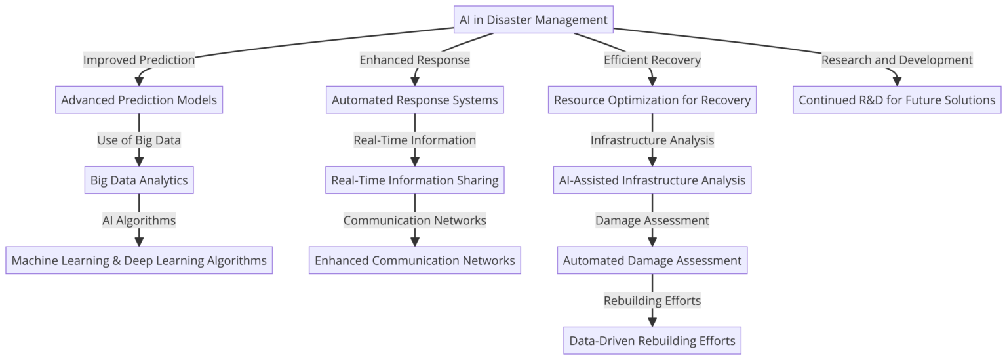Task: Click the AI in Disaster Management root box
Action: (534, 20)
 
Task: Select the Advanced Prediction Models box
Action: (139, 100)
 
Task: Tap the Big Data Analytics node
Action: (139, 180)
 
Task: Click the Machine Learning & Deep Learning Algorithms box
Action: (139, 260)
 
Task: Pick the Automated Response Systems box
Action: (414, 100)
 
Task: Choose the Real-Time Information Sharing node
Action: (414, 180)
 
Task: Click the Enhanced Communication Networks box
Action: (414, 260)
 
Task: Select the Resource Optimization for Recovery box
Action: (652, 100)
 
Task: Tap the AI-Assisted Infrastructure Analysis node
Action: (652, 180)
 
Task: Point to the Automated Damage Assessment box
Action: (652, 260)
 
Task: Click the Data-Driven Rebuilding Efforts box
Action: (652, 340)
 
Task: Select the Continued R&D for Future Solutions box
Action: (896, 100)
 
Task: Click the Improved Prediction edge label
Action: (139, 60)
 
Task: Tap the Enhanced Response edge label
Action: (414, 60)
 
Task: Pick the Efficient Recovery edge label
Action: (652, 60)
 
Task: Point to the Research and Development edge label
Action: (896, 60)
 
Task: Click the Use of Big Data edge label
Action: (139, 140)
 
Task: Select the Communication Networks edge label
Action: (414, 220)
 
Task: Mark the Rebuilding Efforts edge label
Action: (652, 300)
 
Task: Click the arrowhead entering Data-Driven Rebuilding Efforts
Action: (652, 321)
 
